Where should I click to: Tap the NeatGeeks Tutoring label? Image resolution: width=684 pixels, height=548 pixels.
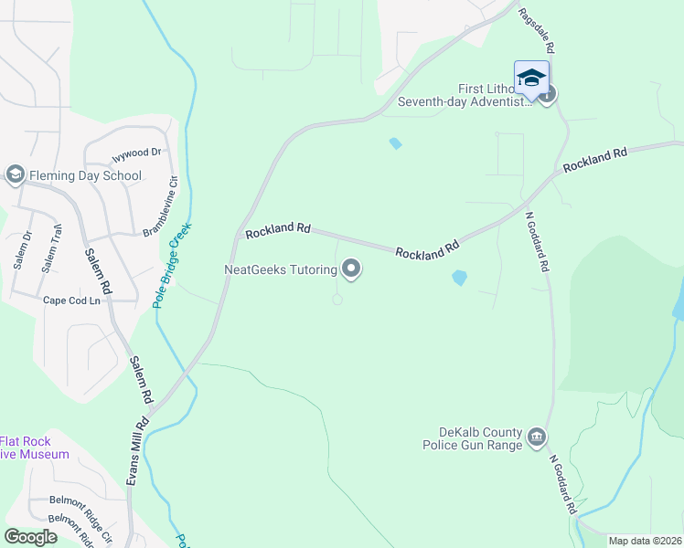(281, 269)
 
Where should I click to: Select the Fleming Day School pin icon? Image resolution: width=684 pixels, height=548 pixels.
(15, 174)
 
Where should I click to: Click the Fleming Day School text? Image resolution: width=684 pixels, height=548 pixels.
(85, 175)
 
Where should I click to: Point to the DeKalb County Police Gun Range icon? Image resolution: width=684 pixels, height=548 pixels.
(538, 438)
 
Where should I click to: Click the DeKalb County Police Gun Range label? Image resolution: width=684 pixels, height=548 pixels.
(472, 438)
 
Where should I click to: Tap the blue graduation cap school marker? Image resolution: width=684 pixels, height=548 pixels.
(531, 79)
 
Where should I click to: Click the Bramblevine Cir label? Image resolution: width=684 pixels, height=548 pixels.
(161, 207)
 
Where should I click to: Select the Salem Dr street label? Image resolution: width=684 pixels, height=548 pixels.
(22, 249)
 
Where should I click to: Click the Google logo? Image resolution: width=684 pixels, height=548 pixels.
(29, 537)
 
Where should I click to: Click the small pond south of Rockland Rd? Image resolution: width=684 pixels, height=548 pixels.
(459, 278)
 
